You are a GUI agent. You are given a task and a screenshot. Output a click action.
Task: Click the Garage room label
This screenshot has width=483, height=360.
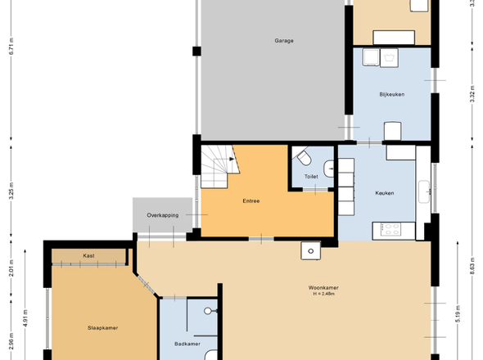284,41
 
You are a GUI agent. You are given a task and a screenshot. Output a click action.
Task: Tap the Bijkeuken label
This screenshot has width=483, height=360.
392,95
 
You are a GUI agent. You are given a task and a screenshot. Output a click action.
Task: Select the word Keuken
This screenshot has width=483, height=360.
385,193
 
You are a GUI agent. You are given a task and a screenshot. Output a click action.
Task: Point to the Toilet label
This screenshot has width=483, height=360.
311,177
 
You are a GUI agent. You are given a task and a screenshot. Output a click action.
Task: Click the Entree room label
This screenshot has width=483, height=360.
251,201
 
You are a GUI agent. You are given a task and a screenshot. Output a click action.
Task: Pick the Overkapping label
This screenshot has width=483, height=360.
163,215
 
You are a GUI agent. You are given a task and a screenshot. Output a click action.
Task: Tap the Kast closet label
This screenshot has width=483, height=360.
88,255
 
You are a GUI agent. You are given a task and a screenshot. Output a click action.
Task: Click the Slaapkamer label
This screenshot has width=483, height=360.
102,328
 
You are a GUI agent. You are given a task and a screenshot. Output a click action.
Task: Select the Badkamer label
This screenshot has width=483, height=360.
187,344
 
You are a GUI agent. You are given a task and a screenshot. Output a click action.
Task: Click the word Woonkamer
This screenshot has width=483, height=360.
323,288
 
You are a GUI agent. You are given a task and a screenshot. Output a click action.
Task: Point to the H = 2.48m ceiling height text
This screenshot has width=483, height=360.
323,294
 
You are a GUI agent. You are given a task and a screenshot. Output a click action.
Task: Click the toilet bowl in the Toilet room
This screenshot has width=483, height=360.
304,158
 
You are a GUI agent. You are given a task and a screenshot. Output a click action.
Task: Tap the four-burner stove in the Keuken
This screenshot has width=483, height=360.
390,229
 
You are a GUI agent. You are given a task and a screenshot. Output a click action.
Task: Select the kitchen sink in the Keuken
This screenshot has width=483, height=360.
424,191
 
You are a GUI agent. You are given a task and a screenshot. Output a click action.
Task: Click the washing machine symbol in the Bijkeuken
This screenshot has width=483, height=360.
389,57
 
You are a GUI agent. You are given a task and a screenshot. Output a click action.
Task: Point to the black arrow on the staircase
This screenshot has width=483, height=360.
232,159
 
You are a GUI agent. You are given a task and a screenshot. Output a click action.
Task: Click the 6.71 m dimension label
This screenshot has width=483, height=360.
11,46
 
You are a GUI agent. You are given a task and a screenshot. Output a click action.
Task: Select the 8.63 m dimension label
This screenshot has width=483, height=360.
472,265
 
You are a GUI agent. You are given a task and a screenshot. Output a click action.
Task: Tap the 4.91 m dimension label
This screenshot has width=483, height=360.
25,318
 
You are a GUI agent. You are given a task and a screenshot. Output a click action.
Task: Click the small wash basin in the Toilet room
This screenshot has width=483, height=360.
328,169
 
